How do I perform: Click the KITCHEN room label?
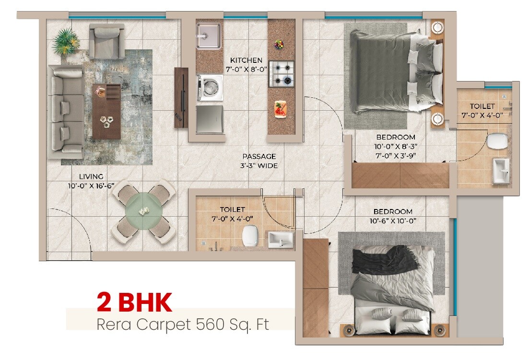coord(246,60)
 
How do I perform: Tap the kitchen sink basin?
coord(209,35)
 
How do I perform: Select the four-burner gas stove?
coord(281,74)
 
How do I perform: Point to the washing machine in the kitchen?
coord(210,88)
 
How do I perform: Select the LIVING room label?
coord(91,177)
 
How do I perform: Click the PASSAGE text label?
coord(259,156)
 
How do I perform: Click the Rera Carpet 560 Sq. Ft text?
coord(183,324)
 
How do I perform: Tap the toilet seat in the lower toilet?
coord(249,236)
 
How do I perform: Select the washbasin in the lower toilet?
coord(280,238)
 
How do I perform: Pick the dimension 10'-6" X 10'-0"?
coord(392,221)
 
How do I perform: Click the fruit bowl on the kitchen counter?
coord(279,45)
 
